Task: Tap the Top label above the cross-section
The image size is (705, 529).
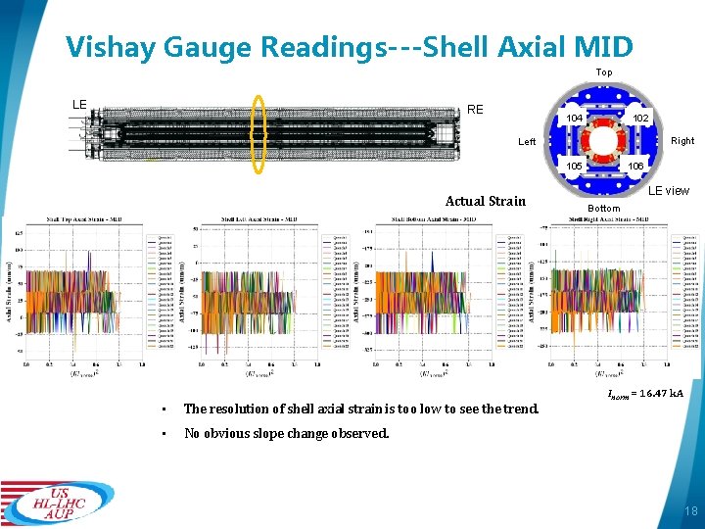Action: [604, 72]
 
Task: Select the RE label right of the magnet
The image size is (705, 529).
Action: [475, 110]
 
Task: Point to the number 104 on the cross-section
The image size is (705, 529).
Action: [576, 119]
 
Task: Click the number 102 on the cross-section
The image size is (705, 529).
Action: [639, 119]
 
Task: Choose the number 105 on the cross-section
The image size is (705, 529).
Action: [576, 166]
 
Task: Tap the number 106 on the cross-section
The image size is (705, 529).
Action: [635, 166]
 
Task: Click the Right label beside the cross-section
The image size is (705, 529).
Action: [682, 141]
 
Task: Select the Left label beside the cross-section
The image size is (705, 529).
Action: [527, 143]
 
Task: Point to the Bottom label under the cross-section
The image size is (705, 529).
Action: [604, 209]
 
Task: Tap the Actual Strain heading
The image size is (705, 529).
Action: [485, 202]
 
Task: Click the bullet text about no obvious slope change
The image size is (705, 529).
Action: [287, 433]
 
